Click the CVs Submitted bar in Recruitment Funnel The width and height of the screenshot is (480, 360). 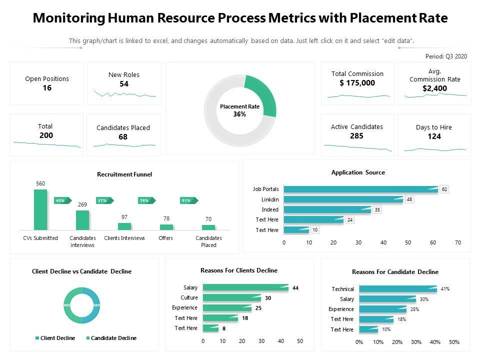pyautogui.click(x=40, y=209)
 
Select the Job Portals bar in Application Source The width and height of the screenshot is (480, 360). pyautogui.click(x=360, y=189)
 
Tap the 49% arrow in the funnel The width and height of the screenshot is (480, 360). pyautogui.click(x=61, y=200)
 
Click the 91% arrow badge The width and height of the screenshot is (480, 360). pyautogui.click(x=187, y=200)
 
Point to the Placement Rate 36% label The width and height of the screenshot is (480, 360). pyautogui.click(x=239, y=110)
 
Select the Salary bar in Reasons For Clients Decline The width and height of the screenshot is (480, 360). pyautogui.click(x=245, y=287)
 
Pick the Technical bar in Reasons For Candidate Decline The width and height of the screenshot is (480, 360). pyautogui.click(x=397, y=289)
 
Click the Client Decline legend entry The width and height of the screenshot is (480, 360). pyautogui.click(x=55, y=338)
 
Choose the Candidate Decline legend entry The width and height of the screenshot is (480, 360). pyautogui.click(x=110, y=338)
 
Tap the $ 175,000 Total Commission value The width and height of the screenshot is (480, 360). pyautogui.click(x=357, y=83)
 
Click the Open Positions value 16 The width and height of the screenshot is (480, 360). pyautogui.click(x=47, y=88)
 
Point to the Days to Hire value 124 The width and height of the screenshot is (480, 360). pyautogui.click(x=434, y=136)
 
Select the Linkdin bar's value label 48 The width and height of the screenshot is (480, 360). pyautogui.click(x=409, y=199)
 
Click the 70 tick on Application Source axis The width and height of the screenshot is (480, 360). pyautogui.click(x=457, y=242)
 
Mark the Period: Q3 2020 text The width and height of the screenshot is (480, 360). pyautogui.click(x=446, y=56)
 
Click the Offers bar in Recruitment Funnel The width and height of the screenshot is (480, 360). pyautogui.click(x=166, y=226)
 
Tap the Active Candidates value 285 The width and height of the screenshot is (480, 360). pyautogui.click(x=356, y=135)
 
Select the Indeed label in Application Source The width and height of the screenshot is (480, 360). pyautogui.click(x=270, y=209)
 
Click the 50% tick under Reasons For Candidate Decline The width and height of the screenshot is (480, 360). pyautogui.click(x=453, y=342)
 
